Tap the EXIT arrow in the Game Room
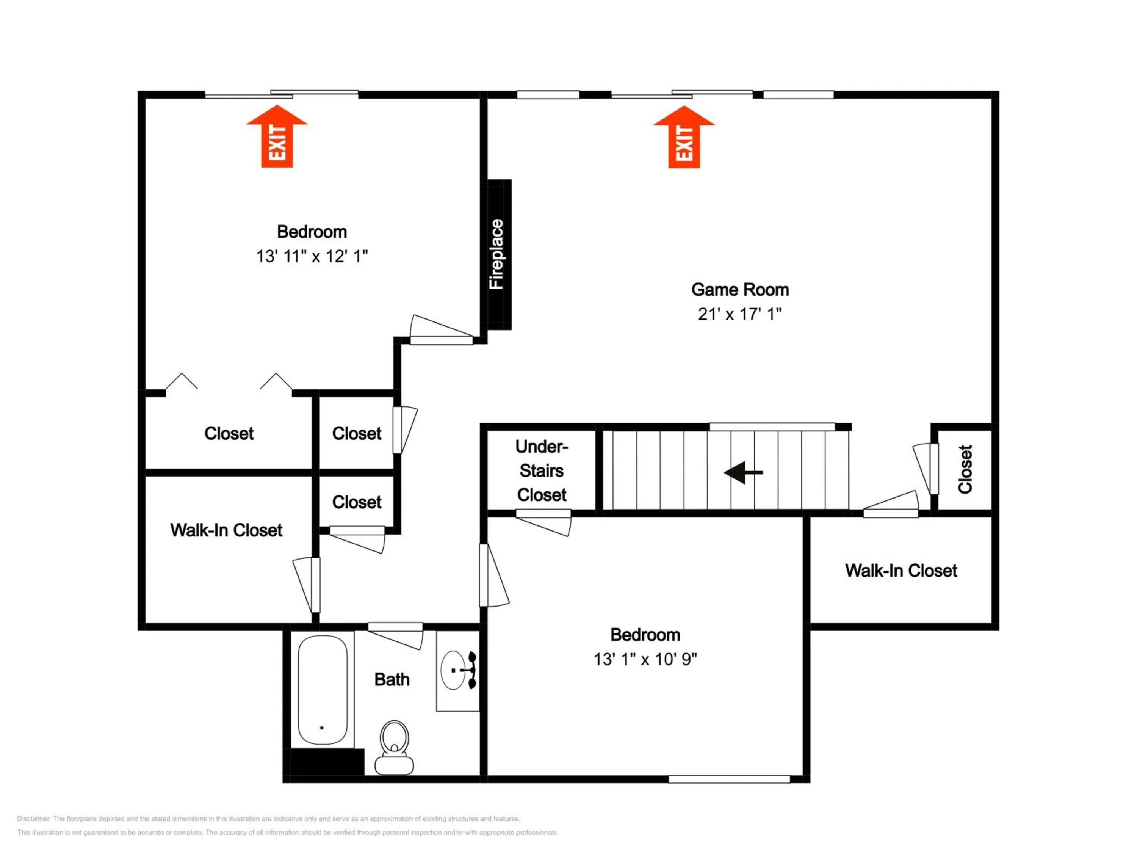coord(684,137)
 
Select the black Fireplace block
coord(499,254)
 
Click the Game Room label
coord(740,290)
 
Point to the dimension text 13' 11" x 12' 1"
coord(312,256)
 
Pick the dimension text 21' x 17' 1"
coord(740,314)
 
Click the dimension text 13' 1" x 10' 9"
coord(645,659)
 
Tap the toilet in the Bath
coord(394,747)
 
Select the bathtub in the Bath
coord(322,690)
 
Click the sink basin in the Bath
coord(453,670)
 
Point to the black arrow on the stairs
coord(743,472)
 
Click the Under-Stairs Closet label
coord(542,470)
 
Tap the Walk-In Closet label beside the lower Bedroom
coord(901,570)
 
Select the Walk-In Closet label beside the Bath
coord(226,530)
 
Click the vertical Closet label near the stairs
coord(965,469)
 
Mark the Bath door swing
coord(395,636)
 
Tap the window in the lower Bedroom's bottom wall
coord(729,779)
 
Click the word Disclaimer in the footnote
coord(34,819)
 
